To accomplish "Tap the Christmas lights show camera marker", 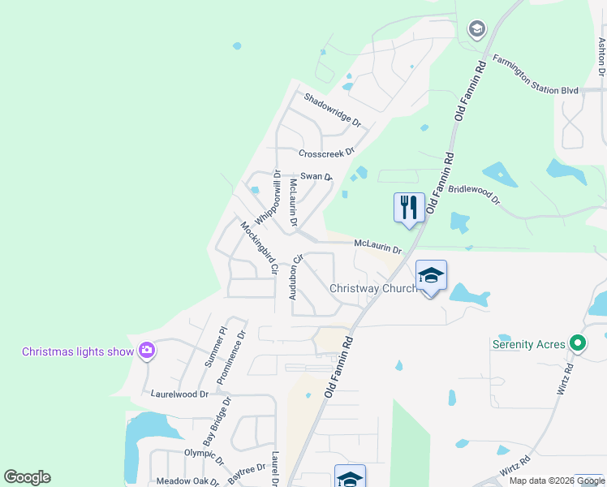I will click(147, 351).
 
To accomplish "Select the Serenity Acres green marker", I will click(577, 343).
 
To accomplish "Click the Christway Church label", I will click(372, 288).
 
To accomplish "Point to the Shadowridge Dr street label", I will click(333, 110).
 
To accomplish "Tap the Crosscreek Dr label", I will click(327, 153).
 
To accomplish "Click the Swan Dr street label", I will click(316, 176).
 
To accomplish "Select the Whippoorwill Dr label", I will click(267, 198).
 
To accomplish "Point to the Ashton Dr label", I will click(601, 57).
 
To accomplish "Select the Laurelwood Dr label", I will click(180, 394).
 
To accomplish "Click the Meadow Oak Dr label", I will click(188, 481).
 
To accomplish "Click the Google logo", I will click(27, 477).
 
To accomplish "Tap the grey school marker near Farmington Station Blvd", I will click(476, 30).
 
